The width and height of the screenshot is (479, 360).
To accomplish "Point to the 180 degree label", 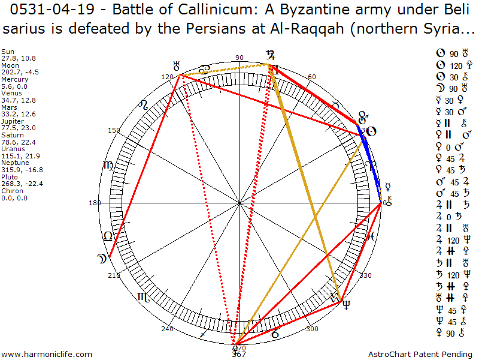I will point(95,203).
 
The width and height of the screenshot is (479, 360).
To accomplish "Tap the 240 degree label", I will point(167,329).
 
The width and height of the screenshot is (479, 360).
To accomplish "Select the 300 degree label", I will point(312,329).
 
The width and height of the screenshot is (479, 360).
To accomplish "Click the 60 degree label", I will point(311,77).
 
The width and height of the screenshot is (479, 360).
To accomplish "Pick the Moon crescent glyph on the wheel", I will point(102,259).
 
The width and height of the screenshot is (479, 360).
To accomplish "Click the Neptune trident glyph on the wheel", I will point(346,304).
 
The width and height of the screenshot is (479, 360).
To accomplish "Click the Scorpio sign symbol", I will point(143,296).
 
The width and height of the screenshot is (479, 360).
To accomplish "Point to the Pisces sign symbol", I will point(371,236).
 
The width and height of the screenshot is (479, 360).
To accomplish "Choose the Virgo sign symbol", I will point(108,165).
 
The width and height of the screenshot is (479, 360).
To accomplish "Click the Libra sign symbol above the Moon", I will point(108,236).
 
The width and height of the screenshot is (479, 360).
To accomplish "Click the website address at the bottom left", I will point(48,355).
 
